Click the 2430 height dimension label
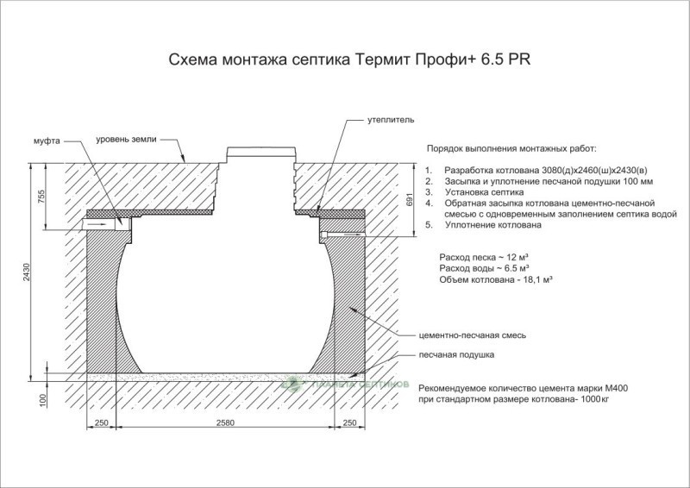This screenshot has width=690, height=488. click(27, 272)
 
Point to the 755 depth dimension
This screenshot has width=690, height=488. click(41, 197)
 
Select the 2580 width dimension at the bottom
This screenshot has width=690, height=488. click(225, 422)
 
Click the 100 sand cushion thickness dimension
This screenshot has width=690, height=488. click(42, 401)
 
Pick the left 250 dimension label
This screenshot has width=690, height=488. click(101, 422)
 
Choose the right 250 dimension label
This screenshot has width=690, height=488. click(349, 422)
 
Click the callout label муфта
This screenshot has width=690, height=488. click(47, 141)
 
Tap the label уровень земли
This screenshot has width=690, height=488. click(126, 140)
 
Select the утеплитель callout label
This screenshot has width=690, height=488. click(391, 120)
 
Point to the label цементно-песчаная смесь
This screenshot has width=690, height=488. click(472, 335)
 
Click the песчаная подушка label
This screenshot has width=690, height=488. click(456, 354)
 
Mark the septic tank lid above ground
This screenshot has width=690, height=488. click(261, 155)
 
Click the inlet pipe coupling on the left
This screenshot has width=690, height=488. click(122, 224)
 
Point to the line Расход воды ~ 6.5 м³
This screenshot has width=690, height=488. click(484, 268)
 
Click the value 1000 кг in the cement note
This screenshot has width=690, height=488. click(595, 399)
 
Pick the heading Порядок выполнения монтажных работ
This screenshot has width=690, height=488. click(511, 148)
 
